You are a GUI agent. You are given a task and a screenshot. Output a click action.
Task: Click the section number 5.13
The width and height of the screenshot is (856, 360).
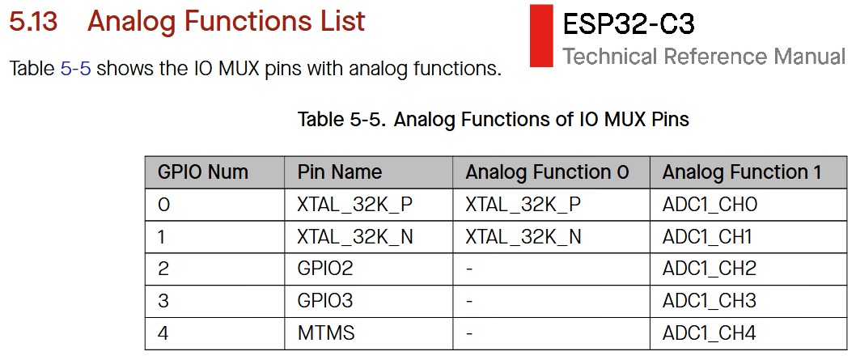[x=33, y=21]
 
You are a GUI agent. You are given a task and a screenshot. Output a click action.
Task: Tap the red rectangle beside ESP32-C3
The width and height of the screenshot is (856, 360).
[x=541, y=36]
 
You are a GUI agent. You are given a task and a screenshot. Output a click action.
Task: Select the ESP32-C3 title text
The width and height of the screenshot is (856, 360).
[x=629, y=24]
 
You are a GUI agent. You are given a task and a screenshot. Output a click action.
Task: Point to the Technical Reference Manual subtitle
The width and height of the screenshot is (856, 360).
[x=704, y=56]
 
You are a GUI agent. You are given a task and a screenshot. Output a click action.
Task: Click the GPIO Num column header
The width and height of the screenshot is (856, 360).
[x=202, y=172]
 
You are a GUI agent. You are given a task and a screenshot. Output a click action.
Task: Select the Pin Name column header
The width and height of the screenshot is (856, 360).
[x=340, y=172]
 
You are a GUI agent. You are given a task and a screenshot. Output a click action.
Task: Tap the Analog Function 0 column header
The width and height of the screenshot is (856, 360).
[x=547, y=172]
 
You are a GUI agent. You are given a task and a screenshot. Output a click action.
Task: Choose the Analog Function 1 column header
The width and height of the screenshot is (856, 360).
[x=741, y=172]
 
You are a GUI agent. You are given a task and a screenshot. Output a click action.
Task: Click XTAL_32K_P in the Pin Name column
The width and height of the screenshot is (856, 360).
[x=355, y=205]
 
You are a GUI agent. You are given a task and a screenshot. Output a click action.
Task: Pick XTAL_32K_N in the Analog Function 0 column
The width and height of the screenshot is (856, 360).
[x=523, y=236]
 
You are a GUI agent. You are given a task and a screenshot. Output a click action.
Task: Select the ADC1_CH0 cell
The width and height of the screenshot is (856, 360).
[x=710, y=205]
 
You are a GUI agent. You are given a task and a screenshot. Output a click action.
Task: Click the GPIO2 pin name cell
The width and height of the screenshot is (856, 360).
[x=325, y=269]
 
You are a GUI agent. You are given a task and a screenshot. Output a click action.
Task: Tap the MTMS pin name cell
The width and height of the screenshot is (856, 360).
[x=326, y=332]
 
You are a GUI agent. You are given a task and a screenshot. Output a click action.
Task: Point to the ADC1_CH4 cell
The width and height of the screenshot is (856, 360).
[x=709, y=332]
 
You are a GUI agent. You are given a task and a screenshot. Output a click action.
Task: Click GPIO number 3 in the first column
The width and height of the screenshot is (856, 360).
[x=163, y=301]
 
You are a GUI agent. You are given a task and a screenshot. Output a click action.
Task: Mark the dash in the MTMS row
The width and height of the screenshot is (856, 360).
[x=469, y=332]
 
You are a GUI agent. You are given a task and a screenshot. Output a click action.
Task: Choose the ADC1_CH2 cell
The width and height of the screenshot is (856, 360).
[x=709, y=269]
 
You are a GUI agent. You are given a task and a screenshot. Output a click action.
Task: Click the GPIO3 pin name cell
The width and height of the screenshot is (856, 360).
[x=325, y=301]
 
